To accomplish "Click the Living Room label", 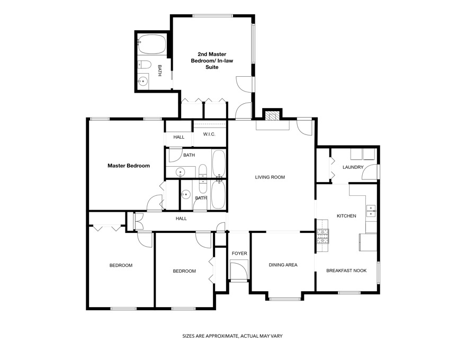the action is point(270,177).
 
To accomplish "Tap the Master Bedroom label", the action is point(129,166).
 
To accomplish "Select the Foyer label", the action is point(239,254).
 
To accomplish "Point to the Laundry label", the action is point(353,167).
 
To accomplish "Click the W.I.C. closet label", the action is point(209,134).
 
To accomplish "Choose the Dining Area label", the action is point(283,265).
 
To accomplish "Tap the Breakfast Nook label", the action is point(346,271).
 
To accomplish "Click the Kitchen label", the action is point(346,216).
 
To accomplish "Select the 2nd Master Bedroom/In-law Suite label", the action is point(212,60).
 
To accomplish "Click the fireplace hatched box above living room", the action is point(272,116).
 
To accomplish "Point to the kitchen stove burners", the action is point(322,236).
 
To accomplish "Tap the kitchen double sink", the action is point(371,211).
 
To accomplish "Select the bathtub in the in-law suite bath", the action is point(152,44).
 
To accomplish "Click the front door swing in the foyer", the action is point(239,269).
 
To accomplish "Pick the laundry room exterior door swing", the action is point(370,172).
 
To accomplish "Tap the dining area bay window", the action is point(285,299).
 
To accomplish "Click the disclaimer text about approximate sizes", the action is point(232,336).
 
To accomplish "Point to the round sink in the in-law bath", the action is point(143,81).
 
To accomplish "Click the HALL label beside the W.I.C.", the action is point(179,137).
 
